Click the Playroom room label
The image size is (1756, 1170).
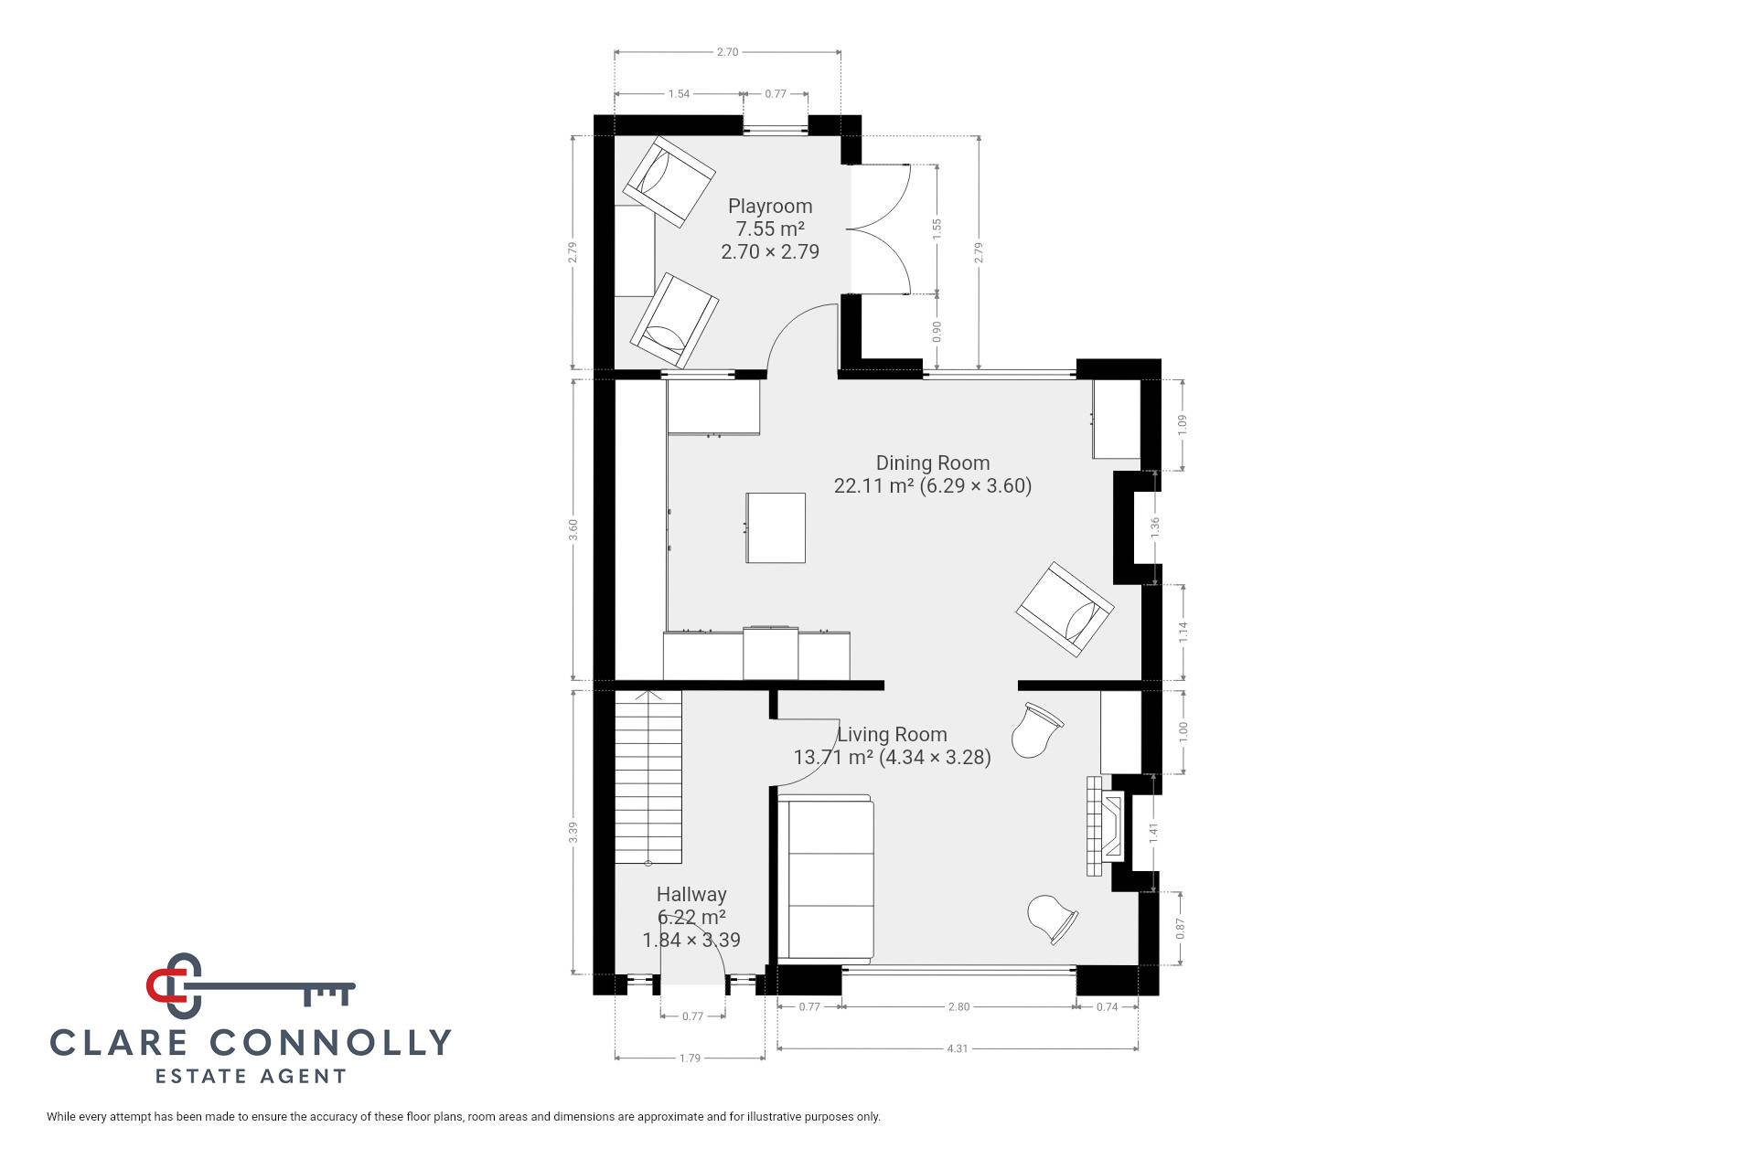pos(770,207)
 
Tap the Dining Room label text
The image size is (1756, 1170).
pos(933,463)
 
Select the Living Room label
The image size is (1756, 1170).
pos(893,735)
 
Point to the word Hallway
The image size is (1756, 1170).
pos(691,895)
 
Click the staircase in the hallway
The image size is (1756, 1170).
pos(648,777)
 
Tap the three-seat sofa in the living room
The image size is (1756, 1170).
pos(826,879)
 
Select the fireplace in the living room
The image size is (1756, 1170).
pos(1105,825)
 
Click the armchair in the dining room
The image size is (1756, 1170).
pos(1065,610)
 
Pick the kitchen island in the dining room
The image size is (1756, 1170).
pos(776,527)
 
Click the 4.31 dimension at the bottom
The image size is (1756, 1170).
pos(958,1048)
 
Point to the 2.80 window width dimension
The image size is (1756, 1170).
pos(958,1006)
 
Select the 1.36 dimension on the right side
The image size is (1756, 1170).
pos(1155,526)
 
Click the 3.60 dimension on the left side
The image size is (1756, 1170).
pos(573,530)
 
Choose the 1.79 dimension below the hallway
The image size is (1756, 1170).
pos(690,1058)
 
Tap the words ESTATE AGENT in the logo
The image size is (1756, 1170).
pos(251,1076)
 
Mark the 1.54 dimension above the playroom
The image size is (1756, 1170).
pos(679,93)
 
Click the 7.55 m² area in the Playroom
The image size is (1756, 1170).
pos(770,229)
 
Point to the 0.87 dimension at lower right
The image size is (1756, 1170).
pos(1181,929)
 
